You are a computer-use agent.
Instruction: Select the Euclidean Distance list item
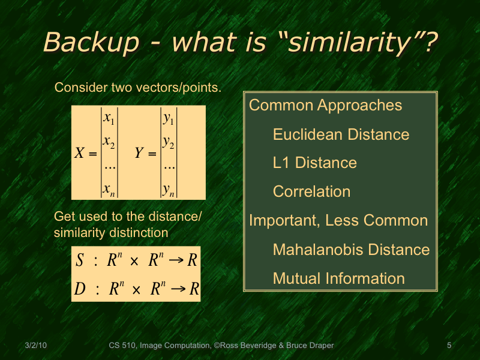tap(341, 134)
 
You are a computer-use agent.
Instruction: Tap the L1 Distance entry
tap(314, 163)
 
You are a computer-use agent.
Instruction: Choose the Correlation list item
tap(311, 192)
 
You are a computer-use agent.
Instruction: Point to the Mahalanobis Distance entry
tap(351, 250)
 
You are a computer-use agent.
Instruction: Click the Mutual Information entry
tap(338, 278)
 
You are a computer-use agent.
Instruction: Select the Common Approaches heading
tap(325, 106)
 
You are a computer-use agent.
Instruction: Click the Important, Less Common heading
tap(338, 221)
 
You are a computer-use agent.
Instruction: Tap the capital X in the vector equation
tap(79, 154)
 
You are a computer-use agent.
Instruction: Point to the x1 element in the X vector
tap(109, 119)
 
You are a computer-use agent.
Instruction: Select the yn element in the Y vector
tap(169, 190)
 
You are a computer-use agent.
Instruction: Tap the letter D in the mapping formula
tap(80, 290)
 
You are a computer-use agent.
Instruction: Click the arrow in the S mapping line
tap(178, 261)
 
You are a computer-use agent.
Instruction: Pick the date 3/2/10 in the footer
tap(36, 346)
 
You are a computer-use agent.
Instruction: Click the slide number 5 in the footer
tap(449, 346)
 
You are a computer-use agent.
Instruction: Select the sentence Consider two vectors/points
tap(138, 88)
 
